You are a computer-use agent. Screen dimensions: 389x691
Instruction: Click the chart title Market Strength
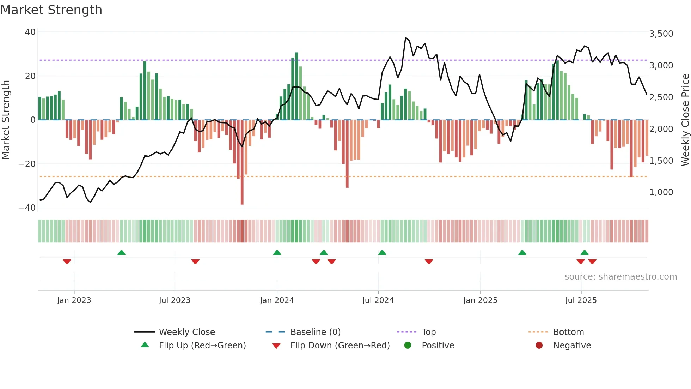(51, 10)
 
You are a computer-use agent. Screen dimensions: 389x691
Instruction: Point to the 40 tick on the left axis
(30, 32)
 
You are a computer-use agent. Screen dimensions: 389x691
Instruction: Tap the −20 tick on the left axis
(27, 164)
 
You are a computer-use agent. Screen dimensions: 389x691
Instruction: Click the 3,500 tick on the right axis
(661, 34)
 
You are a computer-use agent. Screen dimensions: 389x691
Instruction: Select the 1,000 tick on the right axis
(661, 192)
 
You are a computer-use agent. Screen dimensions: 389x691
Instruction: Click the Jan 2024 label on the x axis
(277, 300)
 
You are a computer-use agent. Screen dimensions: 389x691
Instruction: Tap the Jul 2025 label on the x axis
(581, 300)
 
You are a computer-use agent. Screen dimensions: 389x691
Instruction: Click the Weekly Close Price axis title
(685, 120)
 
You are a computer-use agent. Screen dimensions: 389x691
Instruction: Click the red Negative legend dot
(539, 346)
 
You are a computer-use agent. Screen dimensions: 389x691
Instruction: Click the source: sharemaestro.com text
(620, 277)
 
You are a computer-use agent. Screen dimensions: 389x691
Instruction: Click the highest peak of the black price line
(406, 38)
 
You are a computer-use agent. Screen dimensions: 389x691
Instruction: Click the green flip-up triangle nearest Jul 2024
(382, 252)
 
